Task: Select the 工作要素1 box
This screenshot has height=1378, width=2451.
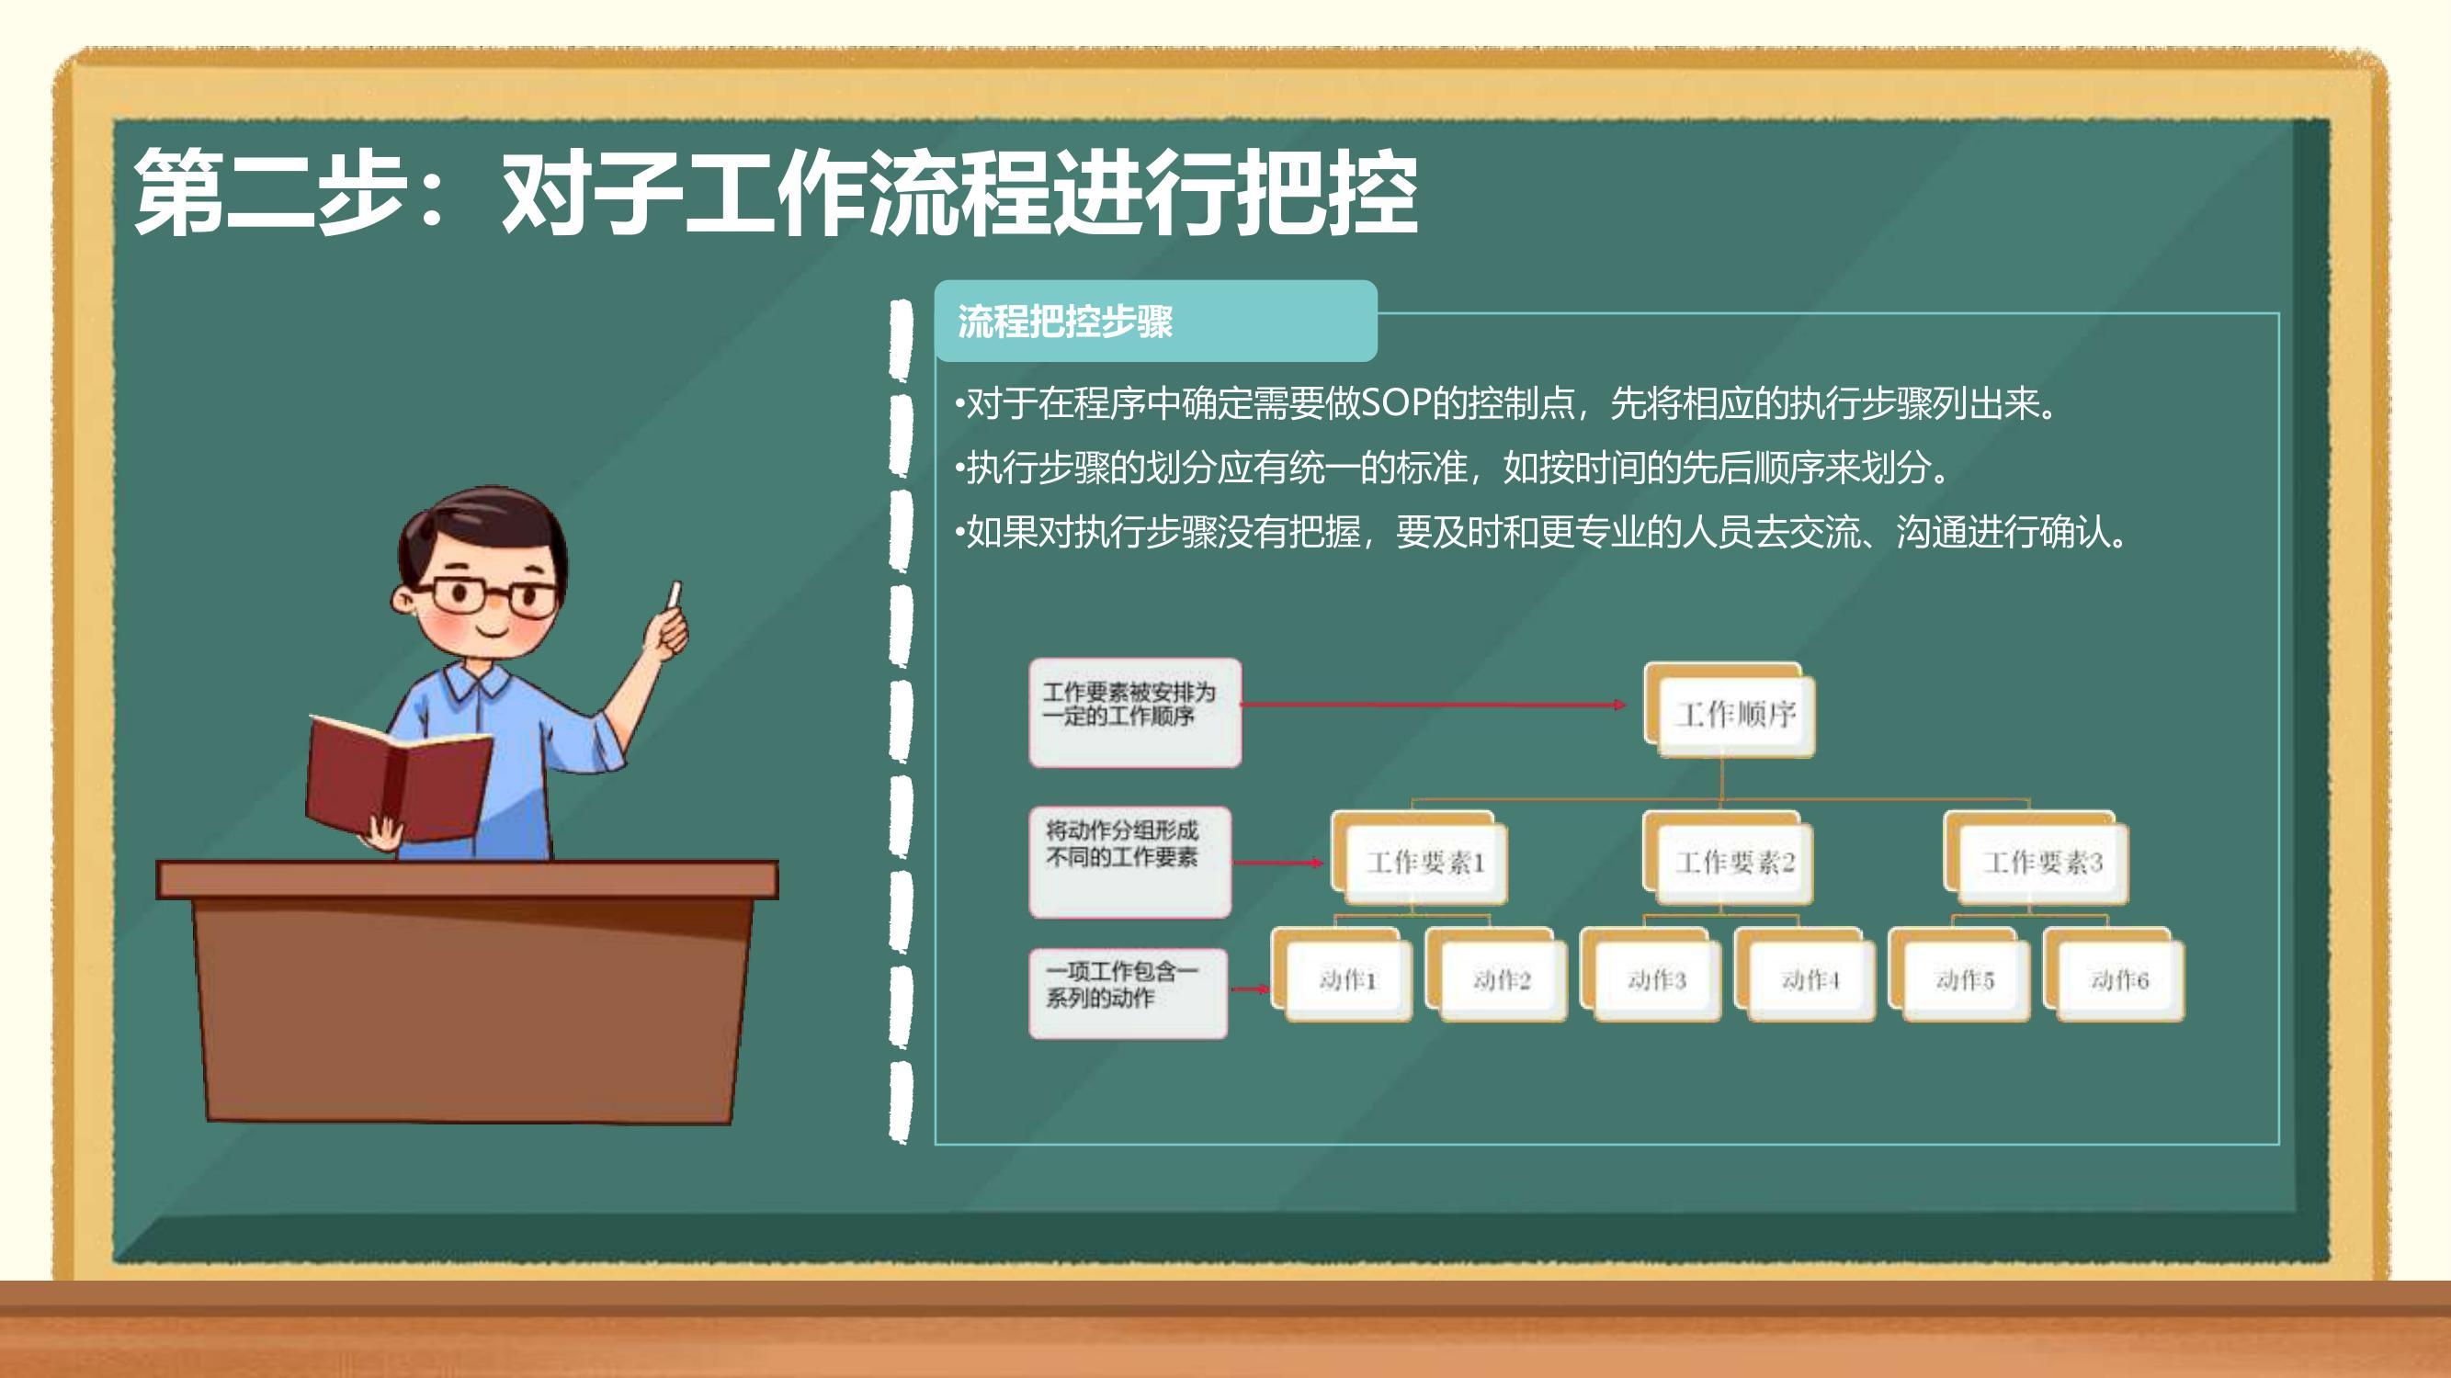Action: point(1419,859)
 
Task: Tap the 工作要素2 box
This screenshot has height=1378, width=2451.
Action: point(1729,859)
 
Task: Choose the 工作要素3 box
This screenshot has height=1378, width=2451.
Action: point(2037,859)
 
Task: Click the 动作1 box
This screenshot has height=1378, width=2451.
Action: point(1342,975)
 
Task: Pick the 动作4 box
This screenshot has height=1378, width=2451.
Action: point(1805,975)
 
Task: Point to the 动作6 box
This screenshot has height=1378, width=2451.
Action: point(2114,975)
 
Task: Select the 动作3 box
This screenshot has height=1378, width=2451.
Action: point(1651,975)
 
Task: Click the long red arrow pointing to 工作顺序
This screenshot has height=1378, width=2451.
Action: point(1434,705)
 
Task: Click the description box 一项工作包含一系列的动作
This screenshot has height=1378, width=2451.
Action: point(1129,993)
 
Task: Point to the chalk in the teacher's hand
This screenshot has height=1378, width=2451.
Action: point(675,595)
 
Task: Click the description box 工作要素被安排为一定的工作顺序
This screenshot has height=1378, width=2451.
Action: point(1135,712)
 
